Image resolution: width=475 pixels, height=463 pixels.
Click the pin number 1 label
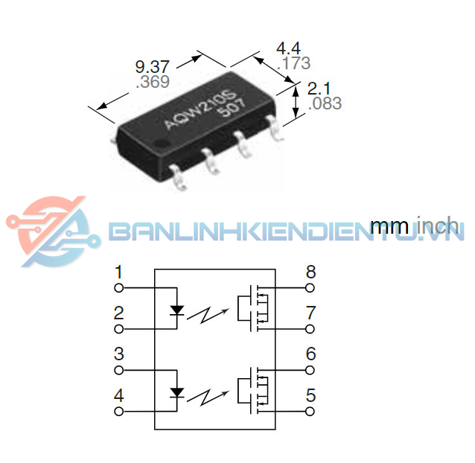point(118,272)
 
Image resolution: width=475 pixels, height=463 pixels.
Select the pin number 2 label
point(118,313)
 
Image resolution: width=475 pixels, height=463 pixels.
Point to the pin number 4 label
point(118,395)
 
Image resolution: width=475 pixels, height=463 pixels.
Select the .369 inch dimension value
point(153,82)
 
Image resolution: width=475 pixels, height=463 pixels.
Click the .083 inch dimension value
point(325,103)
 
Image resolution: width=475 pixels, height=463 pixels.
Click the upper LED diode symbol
point(177,307)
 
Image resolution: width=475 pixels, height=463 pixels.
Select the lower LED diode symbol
point(177,389)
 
